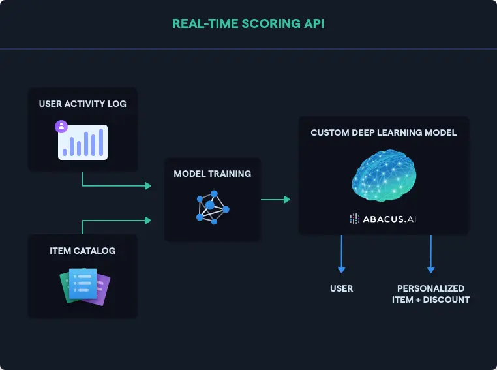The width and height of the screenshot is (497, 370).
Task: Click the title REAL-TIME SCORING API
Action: tap(248, 23)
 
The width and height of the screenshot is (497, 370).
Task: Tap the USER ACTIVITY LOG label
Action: tap(82, 104)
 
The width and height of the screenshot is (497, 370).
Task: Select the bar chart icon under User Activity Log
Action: tap(83, 142)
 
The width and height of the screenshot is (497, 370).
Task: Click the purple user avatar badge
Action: tap(61, 126)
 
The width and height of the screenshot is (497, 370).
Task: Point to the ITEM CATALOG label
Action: tap(82, 251)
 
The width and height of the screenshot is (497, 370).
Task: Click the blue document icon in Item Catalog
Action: tap(83, 284)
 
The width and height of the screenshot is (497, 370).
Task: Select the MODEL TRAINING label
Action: tap(213, 174)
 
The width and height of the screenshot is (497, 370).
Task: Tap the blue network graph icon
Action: tap(213, 208)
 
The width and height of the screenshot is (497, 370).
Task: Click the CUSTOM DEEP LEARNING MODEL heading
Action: tap(384, 132)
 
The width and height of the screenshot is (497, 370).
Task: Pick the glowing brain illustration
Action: tap(384, 176)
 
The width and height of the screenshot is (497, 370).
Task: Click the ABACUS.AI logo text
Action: tap(389, 219)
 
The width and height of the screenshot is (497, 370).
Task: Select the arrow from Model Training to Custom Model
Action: tap(275, 200)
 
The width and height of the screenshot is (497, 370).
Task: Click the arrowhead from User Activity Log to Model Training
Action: tap(148, 185)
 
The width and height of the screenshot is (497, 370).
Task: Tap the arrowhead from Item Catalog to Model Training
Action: tap(148, 220)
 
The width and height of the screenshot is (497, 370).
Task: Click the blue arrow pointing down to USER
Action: tap(341, 254)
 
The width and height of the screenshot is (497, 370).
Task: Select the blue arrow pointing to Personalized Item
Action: tap(430, 254)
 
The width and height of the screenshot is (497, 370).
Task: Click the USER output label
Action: tap(341, 288)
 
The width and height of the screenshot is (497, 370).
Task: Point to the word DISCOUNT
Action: tap(446, 300)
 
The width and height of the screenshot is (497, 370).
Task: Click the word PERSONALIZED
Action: tap(430, 288)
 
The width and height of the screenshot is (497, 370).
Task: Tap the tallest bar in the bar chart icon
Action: tap(101, 142)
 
